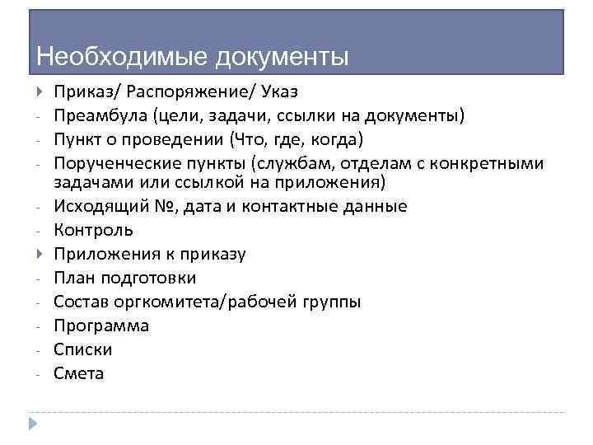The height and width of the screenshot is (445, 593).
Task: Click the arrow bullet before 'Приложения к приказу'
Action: [40, 253]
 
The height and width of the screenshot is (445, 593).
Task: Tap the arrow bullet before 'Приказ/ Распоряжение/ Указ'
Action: [40, 91]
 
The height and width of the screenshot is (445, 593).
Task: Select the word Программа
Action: [101, 326]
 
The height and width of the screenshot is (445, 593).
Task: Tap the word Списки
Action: [83, 349]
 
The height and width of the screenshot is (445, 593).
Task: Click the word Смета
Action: [79, 373]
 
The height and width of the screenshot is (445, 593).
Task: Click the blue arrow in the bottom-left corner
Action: [33, 424]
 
